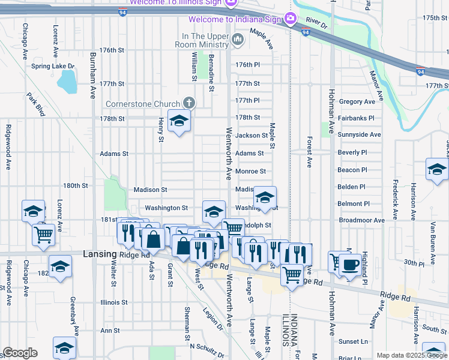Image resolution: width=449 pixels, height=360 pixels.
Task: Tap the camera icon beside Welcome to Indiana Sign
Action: pos(291,19)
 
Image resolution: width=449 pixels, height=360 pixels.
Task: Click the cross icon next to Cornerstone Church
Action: pos(189,103)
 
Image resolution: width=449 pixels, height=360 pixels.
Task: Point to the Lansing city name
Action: pos(99,254)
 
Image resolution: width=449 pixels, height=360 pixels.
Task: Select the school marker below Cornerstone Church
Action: pos(179,122)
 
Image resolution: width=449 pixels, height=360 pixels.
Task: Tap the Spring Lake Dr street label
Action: pos(53,66)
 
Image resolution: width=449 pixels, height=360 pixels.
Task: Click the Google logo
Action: pos(20,353)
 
